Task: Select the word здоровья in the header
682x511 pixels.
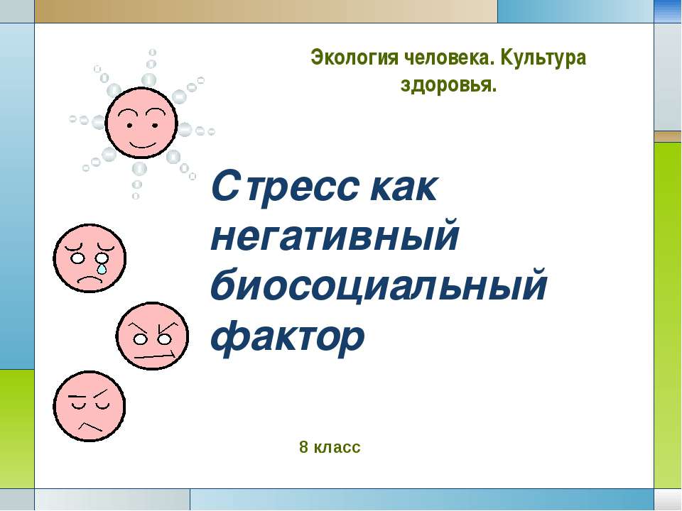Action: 448,86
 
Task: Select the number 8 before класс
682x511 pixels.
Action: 304,447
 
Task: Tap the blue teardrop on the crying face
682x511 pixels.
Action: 104,268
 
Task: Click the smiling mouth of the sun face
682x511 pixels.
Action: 141,141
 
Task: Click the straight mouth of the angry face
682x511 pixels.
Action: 154,353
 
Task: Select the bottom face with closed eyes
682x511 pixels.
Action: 89,407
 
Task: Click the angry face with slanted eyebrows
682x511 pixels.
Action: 153,336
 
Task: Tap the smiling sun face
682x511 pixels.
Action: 141,123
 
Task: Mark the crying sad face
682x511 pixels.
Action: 90,258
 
